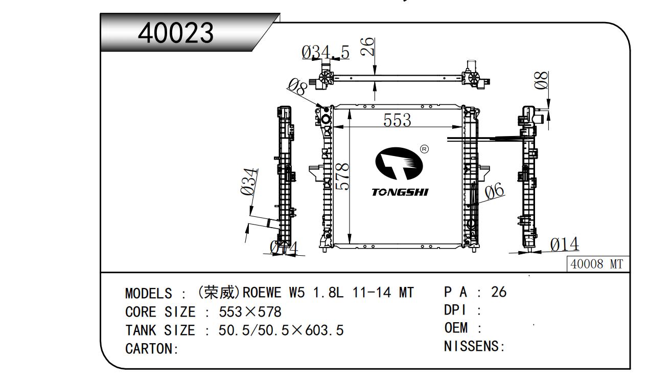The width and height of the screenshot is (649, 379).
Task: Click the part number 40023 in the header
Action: pyautogui.click(x=176, y=33)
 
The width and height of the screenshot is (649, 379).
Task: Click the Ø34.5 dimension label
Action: pyautogui.click(x=325, y=53)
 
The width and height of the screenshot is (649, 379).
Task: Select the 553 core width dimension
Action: pyautogui.click(x=397, y=120)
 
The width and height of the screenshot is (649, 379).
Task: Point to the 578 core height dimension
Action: pyautogui.click(x=342, y=176)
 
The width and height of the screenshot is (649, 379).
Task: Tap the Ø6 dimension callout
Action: pyautogui.click(x=495, y=191)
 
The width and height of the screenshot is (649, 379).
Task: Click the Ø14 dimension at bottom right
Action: pyautogui.click(x=564, y=244)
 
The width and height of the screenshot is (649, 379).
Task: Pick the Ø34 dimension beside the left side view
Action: pyautogui.click(x=249, y=182)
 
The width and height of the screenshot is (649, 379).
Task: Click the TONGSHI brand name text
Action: pyautogui.click(x=400, y=192)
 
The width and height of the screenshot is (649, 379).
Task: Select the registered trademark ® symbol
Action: pyautogui.click(x=424, y=149)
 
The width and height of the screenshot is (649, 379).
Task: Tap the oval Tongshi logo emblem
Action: pyautogui.click(x=399, y=164)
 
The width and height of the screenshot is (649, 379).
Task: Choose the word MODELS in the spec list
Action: pyautogui.click(x=149, y=293)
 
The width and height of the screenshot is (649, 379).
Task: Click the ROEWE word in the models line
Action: pyautogui.click(x=262, y=292)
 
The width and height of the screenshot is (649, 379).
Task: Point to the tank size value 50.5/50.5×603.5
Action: pyautogui.click(x=281, y=330)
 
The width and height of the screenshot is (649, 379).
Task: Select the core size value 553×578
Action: pyautogui.click(x=250, y=312)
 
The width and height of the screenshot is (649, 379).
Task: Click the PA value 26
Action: pyautogui.click(x=499, y=292)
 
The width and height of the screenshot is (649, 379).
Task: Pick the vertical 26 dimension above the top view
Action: pyautogui.click(x=367, y=47)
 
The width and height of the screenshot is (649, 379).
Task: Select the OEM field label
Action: pyautogui.click(x=456, y=328)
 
